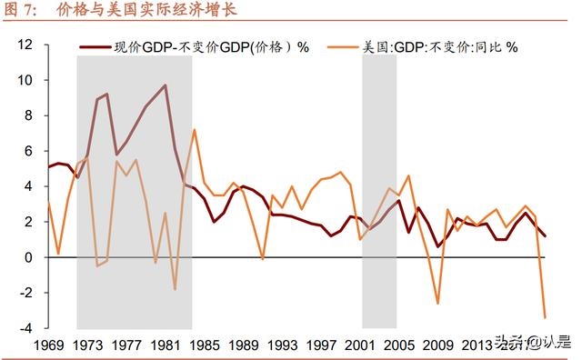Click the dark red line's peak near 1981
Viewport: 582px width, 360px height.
[x=165, y=85]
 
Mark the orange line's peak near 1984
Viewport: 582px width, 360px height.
[x=195, y=129]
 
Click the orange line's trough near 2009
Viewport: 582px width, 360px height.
[x=438, y=304]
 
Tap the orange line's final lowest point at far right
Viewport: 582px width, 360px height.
[x=546, y=317]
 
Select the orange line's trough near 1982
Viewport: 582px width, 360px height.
[x=175, y=289]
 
